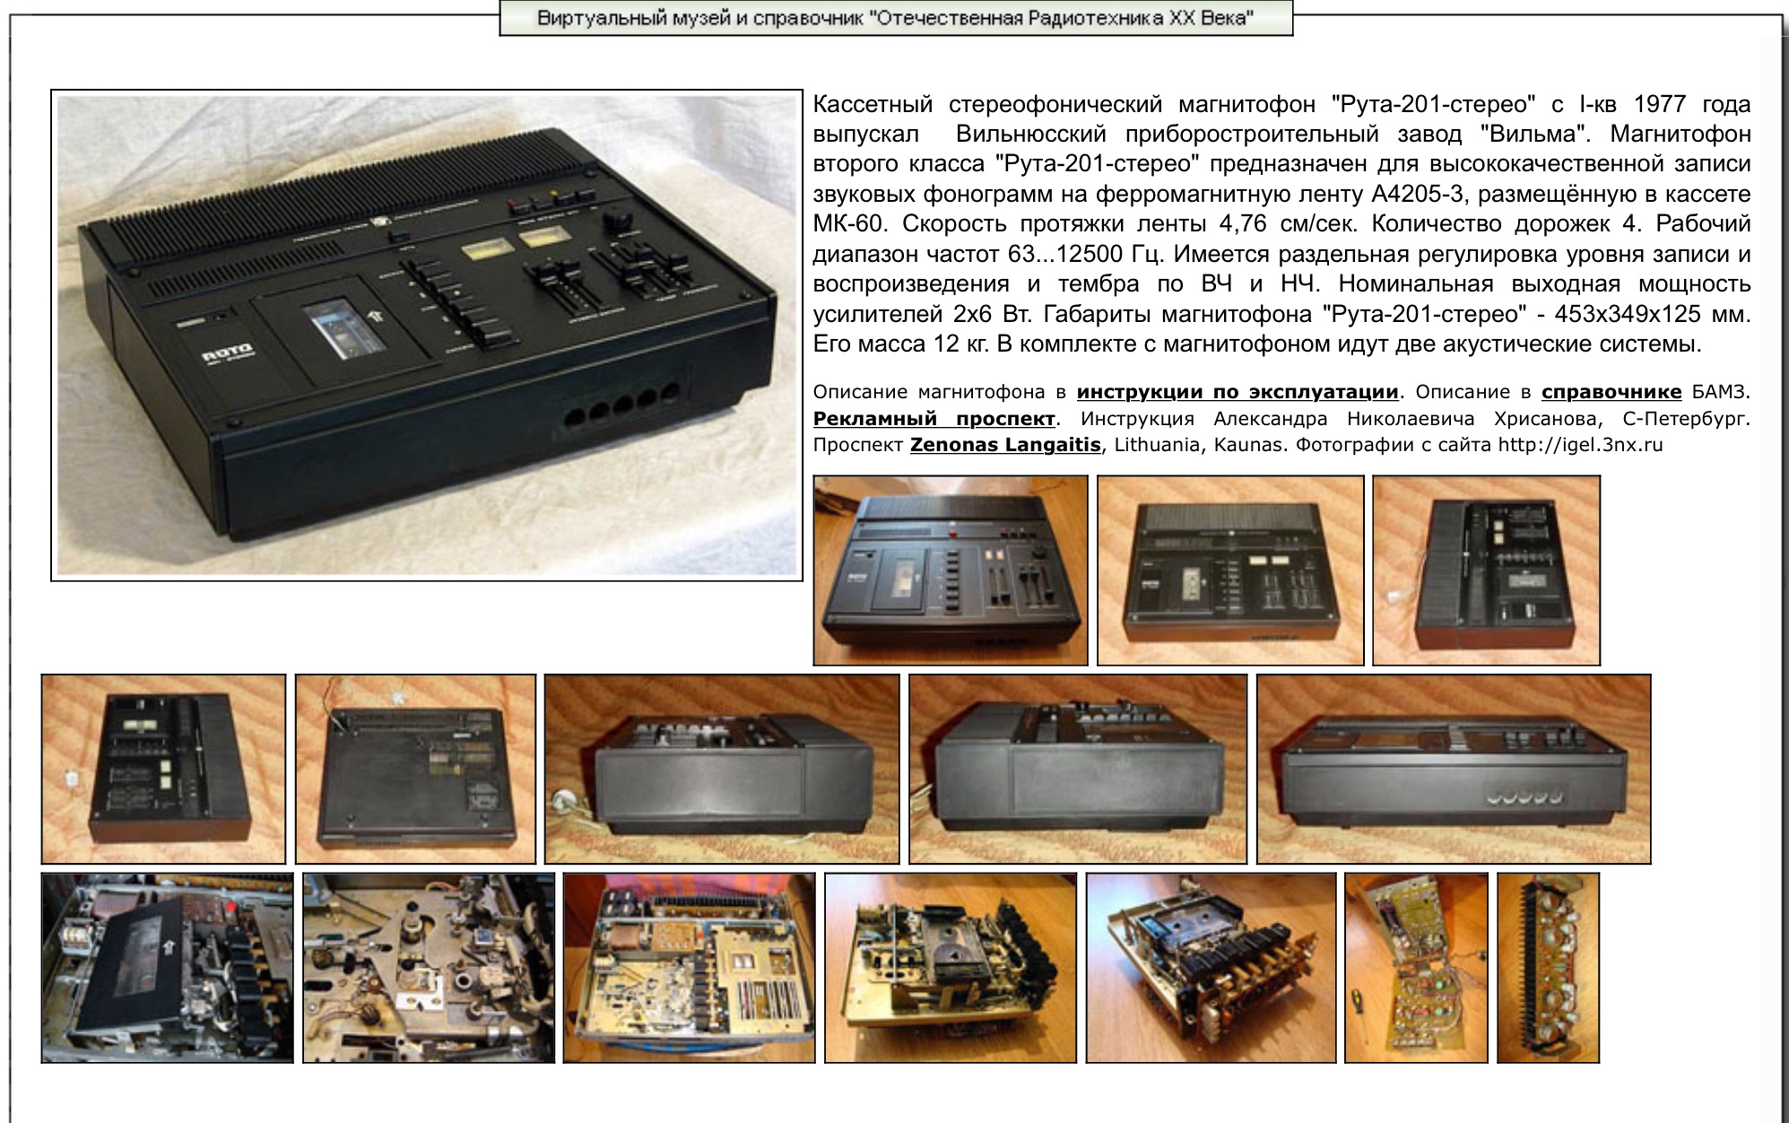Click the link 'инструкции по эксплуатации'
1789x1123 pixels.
[x=1238, y=392]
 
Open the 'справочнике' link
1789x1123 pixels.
[x=1611, y=392]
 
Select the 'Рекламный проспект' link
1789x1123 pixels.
[x=934, y=419]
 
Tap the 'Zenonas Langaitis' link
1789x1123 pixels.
[x=1005, y=445]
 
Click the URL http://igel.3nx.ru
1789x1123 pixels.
[x=1580, y=445]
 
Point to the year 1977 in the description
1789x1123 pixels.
[x=1660, y=105]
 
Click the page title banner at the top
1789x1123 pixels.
[x=896, y=18]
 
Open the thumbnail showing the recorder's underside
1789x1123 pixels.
[x=415, y=770]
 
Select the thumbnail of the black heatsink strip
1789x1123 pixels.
[x=1549, y=968]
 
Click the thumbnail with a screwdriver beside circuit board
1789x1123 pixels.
[x=1417, y=968]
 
